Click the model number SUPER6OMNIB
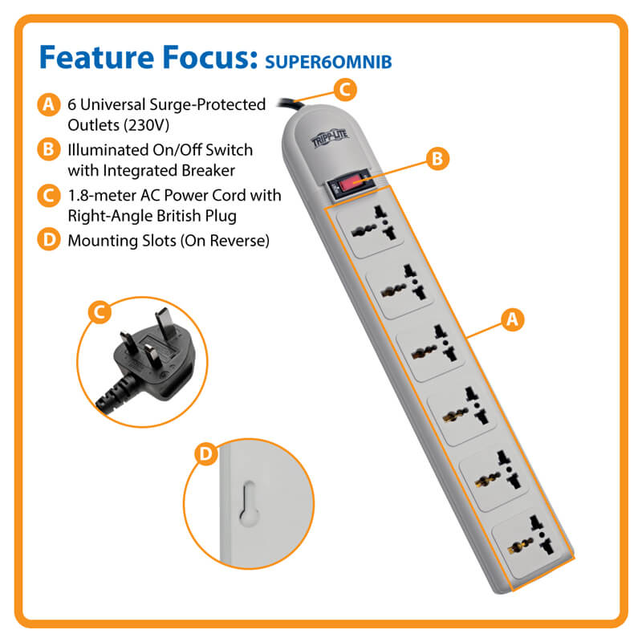328,62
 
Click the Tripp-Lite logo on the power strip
330,137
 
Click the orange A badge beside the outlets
512,319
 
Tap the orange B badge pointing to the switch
437,158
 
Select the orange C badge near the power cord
345,90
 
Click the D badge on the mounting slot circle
205,453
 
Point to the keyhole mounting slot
249,504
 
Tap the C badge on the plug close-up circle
100,312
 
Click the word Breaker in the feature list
208,170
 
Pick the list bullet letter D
49,239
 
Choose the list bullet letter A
49,104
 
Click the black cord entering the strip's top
291,104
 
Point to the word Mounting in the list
103,242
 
